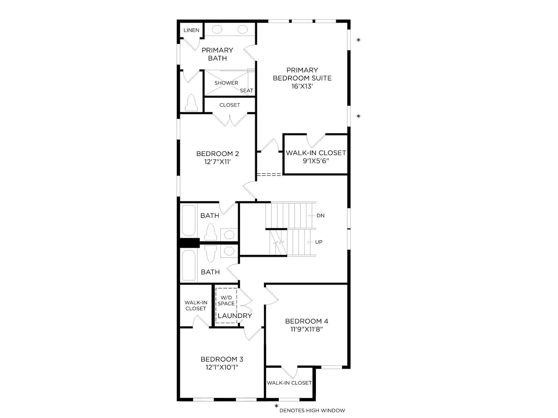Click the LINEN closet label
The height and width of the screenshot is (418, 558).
coord(191,30)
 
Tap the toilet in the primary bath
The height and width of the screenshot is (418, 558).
coord(191,103)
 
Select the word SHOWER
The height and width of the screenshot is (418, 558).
coord(226,83)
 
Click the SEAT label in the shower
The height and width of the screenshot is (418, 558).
coord(246,91)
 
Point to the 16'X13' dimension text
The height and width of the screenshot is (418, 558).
coord(302,86)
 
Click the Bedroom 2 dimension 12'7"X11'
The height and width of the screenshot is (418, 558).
coord(217,162)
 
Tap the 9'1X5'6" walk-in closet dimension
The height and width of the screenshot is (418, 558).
coord(316,161)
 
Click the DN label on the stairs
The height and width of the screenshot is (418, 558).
coord(320,216)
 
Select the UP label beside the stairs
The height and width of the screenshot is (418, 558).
coord(318,242)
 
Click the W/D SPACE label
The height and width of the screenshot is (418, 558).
coord(226,301)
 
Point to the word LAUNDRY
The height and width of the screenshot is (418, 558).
coord(235,316)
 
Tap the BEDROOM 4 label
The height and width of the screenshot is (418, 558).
coord(307,321)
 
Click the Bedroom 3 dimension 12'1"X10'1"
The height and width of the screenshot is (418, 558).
coord(222,367)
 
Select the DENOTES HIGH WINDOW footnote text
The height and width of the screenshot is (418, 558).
coord(312,410)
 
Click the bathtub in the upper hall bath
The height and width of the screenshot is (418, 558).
coord(188,221)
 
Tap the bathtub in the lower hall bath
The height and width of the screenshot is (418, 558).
coord(188,265)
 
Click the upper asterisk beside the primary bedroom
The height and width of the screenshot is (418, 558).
coord(359,40)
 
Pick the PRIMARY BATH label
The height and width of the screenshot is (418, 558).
coord(217,54)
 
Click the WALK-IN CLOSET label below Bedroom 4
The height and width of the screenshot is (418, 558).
coord(289,383)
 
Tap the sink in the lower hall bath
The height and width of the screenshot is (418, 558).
coord(229,251)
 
